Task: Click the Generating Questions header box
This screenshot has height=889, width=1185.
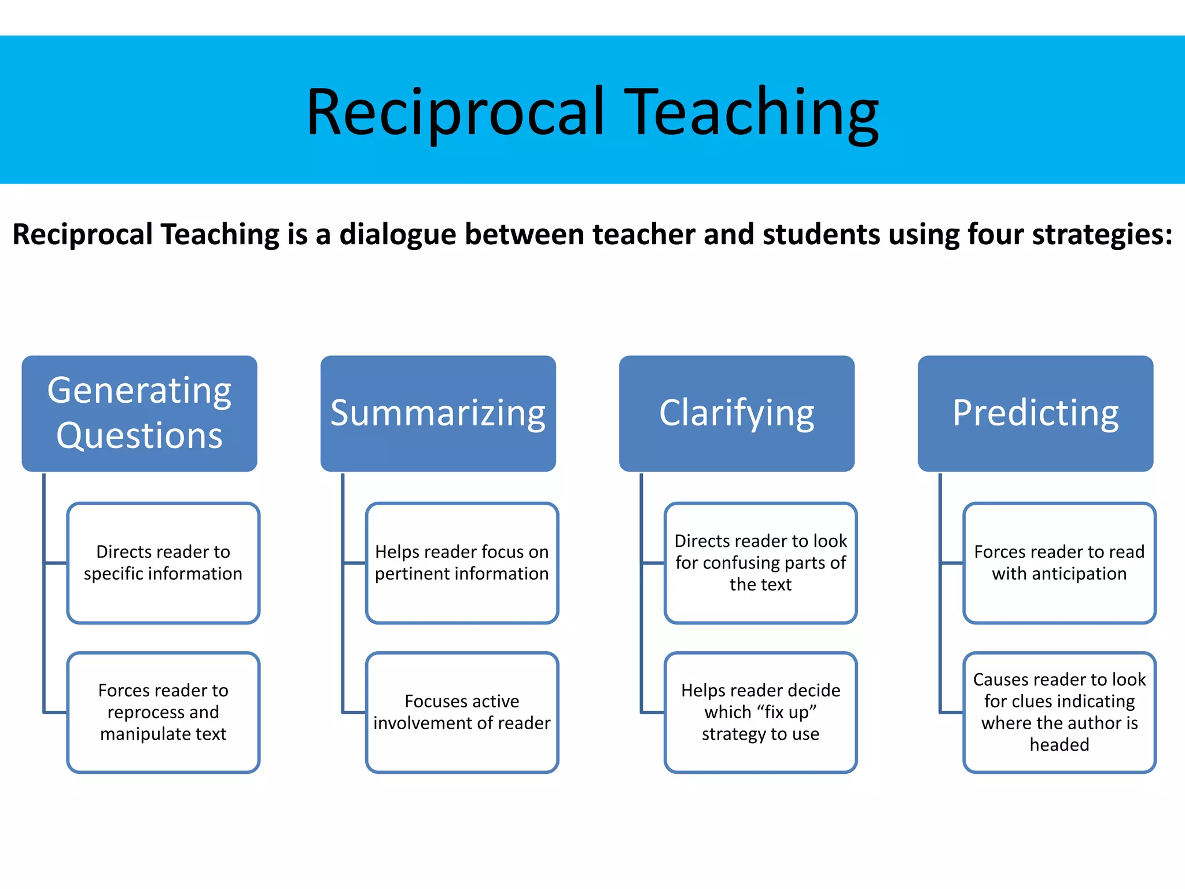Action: pos(139,413)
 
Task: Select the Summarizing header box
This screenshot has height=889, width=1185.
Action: pos(438,413)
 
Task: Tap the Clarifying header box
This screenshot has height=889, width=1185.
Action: pos(737,413)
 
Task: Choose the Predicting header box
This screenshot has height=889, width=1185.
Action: pos(1035,413)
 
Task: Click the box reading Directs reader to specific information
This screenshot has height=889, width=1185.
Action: pos(163,563)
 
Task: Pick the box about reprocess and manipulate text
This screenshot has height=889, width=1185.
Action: pos(163,712)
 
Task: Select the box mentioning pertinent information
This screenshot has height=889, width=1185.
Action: pos(462,563)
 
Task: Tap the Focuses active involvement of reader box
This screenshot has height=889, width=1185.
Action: pos(462,712)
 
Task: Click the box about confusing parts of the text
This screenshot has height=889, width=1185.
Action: pos(760,563)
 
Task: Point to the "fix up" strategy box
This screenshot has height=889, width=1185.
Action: pos(760,712)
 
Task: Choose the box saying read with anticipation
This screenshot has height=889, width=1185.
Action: pos(1059,563)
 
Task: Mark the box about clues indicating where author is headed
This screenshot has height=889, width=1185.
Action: pos(1059,712)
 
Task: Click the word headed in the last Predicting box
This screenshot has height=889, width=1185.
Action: pos(1059,745)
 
